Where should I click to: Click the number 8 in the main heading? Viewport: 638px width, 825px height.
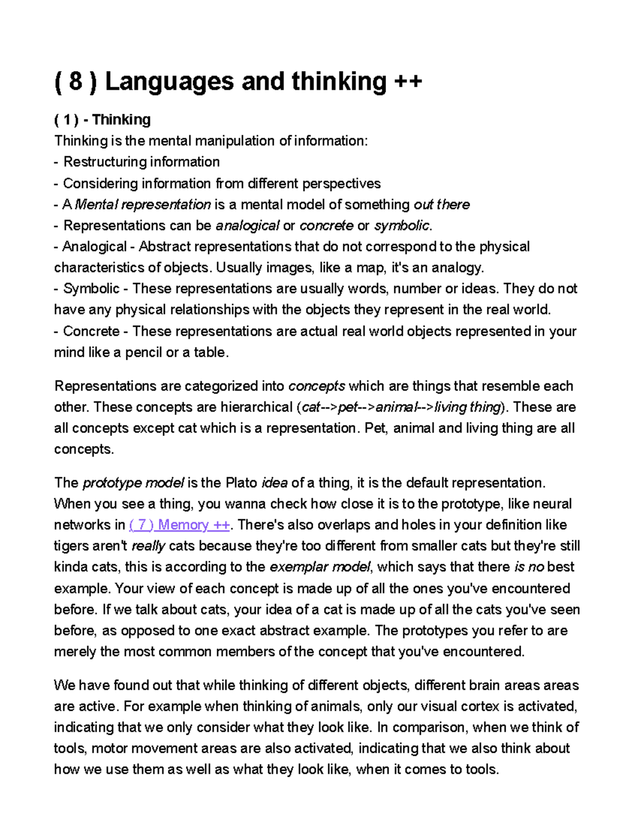tap(75, 82)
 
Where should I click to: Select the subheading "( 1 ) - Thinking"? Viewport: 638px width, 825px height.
tap(102, 120)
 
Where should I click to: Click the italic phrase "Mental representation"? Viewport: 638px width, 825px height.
tap(142, 205)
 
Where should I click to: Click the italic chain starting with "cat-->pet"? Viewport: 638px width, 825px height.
tap(400, 407)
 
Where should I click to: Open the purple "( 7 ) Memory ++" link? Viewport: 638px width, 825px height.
tap(179, 525)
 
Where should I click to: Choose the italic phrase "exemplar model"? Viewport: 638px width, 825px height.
tap(320, 567)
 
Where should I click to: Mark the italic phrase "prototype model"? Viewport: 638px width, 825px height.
tap(133, 483)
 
